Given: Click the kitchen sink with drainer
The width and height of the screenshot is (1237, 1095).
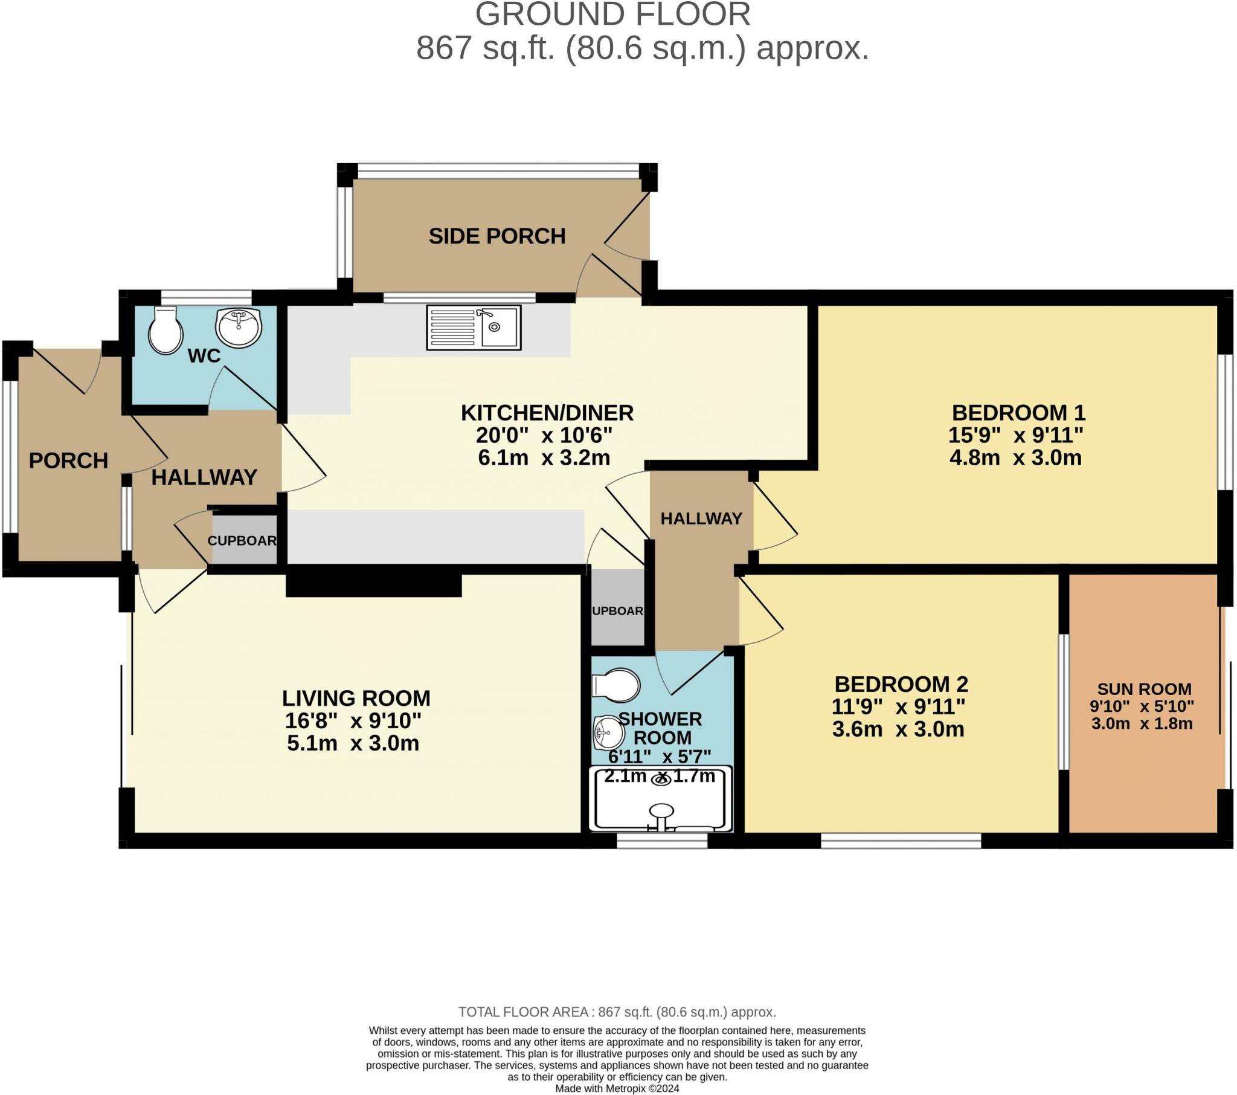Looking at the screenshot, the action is coord(474,327).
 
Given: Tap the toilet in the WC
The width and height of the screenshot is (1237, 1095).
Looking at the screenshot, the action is coord(165,330).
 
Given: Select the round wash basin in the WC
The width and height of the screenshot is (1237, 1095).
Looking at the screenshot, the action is coord(239,328).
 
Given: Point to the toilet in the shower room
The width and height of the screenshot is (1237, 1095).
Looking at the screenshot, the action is coord(615,686).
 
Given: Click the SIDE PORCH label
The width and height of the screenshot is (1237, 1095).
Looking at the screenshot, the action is coord(497,236).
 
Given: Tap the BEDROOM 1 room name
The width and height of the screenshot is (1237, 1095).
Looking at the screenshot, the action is coord(1018,413).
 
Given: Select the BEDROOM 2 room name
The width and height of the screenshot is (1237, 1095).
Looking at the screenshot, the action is coord(901,683).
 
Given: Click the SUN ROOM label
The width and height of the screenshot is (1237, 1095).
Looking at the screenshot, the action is coord(1144,689).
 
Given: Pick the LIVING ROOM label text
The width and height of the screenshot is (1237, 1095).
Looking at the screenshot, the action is coord(356,699).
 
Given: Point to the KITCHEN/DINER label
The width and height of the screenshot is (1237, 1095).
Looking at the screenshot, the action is coord(547,413).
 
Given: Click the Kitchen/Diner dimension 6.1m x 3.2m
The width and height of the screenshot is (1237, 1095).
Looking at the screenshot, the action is coord(544,457).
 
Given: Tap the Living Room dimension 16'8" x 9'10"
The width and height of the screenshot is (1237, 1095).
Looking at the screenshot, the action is coord(353,721).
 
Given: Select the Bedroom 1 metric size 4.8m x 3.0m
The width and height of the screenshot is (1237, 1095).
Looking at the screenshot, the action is coord(1015,457).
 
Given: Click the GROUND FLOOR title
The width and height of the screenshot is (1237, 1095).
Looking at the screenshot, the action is coord(612,15).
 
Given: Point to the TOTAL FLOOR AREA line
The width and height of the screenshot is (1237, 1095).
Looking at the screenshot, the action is coord(617,1012).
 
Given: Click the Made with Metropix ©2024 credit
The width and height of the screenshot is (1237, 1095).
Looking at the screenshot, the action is coord(617,1088).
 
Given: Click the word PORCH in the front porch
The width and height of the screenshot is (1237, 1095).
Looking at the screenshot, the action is coord(68,461).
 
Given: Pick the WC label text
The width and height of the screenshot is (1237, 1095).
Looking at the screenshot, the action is coord(204,355).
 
